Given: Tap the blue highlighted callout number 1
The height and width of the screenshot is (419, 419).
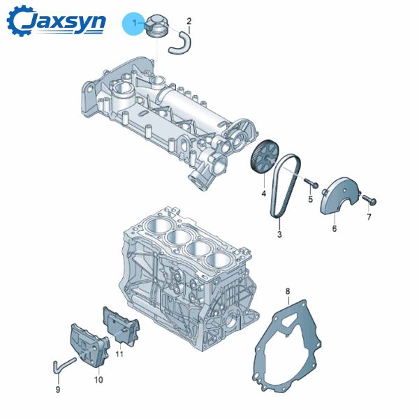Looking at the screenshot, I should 133,23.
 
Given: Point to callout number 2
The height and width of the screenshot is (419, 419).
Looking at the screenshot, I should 189,21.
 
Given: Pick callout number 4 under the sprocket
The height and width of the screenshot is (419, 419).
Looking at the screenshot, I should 264,193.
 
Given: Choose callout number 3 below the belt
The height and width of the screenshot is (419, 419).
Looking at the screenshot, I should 279,234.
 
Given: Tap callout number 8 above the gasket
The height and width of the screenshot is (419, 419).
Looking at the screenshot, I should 287,290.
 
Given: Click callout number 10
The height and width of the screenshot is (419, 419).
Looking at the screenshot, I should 98,380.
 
